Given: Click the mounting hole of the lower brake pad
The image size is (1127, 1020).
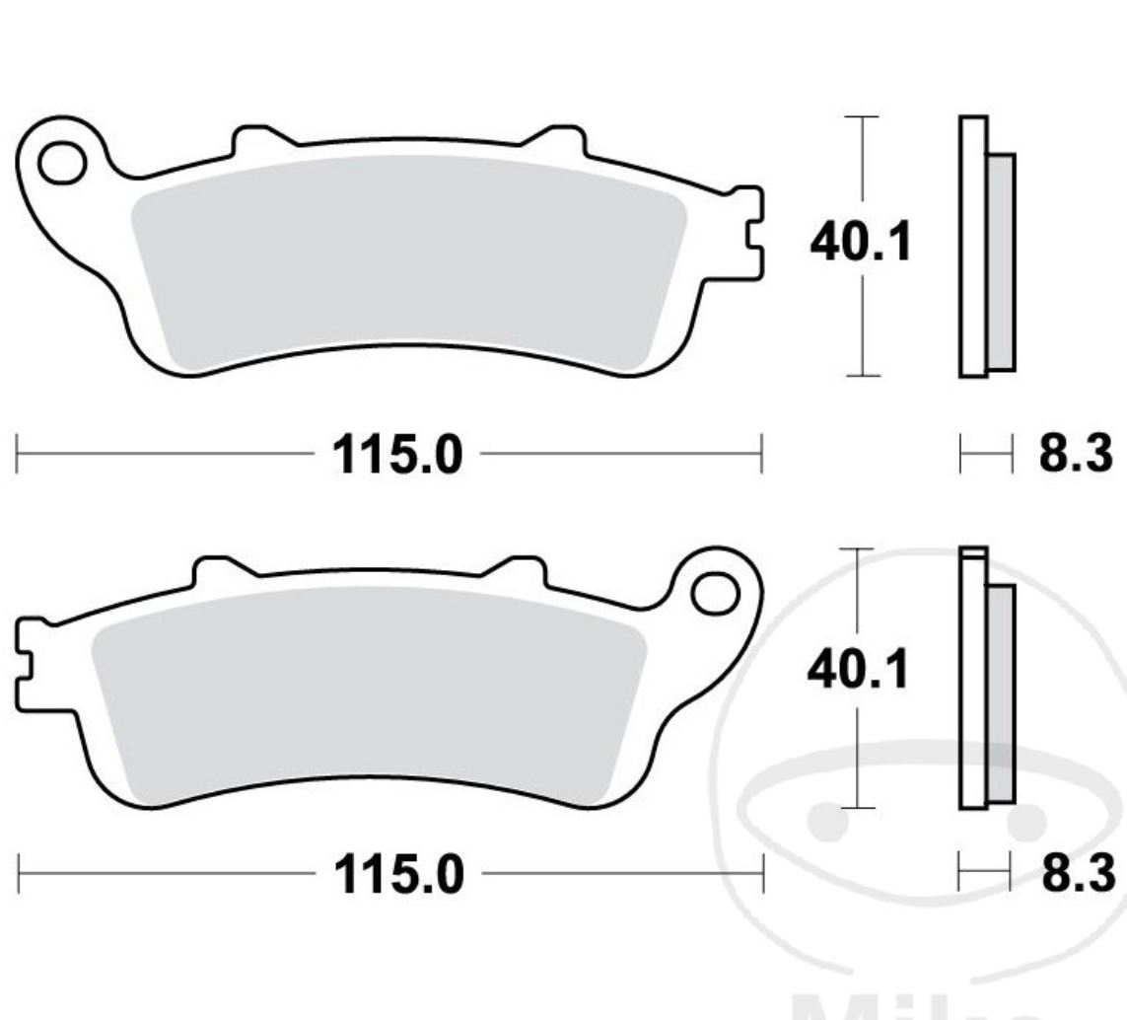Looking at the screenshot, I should tap(715, 593).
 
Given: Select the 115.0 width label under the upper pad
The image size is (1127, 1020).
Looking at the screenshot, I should tap(397, 456).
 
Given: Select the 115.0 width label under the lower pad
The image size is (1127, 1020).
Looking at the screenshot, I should tap(398, 874).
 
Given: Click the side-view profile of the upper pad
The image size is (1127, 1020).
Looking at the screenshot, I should tap(986, 247).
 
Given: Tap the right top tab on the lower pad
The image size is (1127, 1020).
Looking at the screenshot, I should tap(519, 571).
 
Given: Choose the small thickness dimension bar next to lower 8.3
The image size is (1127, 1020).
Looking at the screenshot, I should tap(986, 874).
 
